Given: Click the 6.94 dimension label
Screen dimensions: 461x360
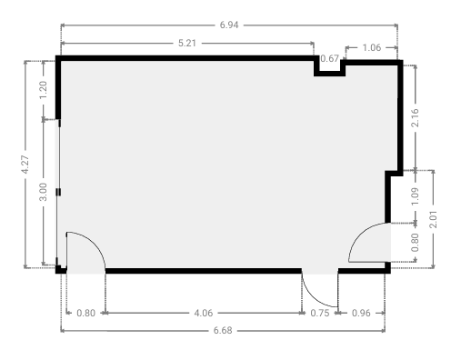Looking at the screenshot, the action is pos(229,25).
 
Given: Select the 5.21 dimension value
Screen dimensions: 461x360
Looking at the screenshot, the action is pos(187,44).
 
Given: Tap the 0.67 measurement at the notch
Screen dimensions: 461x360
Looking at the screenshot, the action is pos(329,58).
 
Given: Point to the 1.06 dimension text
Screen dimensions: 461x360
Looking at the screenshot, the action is pos(372,47).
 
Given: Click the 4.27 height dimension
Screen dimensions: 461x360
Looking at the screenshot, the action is pos(25,165).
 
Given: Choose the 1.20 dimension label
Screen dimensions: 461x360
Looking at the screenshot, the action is pos(44,90).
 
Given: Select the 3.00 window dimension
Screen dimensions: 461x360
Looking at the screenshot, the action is pos(44,192).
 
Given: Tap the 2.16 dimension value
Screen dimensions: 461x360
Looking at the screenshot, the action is pos(416,117).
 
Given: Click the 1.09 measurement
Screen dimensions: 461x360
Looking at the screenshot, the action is pos(416,196).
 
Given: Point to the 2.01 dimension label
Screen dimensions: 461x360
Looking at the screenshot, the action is pos(434,219).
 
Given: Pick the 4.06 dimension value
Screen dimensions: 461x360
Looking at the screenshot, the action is pos(204,313).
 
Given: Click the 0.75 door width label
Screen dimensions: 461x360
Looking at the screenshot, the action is pos(320,313).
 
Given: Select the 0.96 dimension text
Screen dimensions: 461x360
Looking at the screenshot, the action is pos(361,313).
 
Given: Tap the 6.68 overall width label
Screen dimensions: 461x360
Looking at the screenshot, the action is pos(223,330).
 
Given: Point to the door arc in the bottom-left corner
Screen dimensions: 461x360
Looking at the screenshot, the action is pos(95,242).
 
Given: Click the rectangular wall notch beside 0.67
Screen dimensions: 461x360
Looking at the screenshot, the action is pos(329,74).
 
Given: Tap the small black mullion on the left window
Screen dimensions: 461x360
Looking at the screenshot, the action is pos(58,192).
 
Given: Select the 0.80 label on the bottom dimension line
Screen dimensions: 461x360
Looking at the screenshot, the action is pos(86,313).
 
